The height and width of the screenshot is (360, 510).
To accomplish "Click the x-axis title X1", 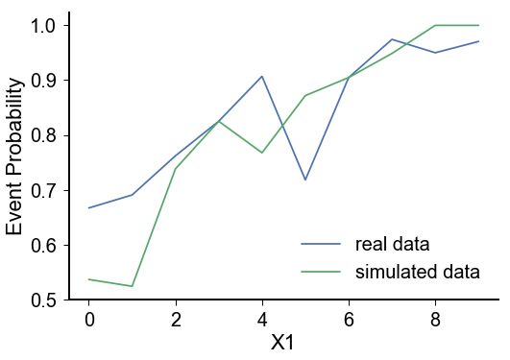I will point(283,343).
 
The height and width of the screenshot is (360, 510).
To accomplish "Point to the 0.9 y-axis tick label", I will point(39,80).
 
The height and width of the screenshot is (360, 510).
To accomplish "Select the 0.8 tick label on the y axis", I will point(39,135).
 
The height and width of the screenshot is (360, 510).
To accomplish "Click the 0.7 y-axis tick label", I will point(39,190).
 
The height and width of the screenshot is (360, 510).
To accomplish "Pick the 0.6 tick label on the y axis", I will point(39,245).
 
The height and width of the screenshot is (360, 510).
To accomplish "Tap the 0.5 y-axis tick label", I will point(39,300).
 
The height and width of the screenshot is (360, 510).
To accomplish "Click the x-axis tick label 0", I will point(89,319).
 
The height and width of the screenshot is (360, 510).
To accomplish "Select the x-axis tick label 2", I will point(176,319).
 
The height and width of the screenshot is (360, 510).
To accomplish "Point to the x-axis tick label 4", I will point(262,319).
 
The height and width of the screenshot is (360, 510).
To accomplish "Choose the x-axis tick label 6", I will point(349,319).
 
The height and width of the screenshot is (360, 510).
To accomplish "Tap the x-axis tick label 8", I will point(435,319).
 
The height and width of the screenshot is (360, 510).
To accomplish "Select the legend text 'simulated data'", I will point(417,272).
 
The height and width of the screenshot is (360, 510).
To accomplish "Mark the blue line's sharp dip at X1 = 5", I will point(305,180).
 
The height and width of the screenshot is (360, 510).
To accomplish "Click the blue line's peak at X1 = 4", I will point(262,76).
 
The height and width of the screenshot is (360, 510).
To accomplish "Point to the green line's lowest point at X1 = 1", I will point(133,286).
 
